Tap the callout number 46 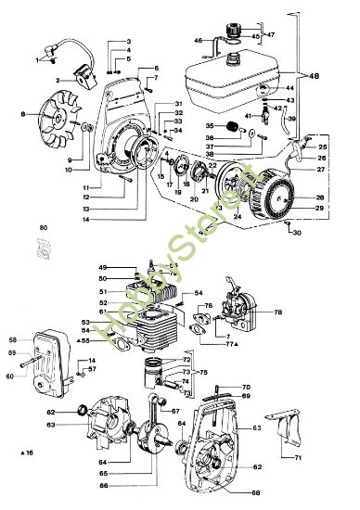tap(198, 41)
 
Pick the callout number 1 tap(38, 60)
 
